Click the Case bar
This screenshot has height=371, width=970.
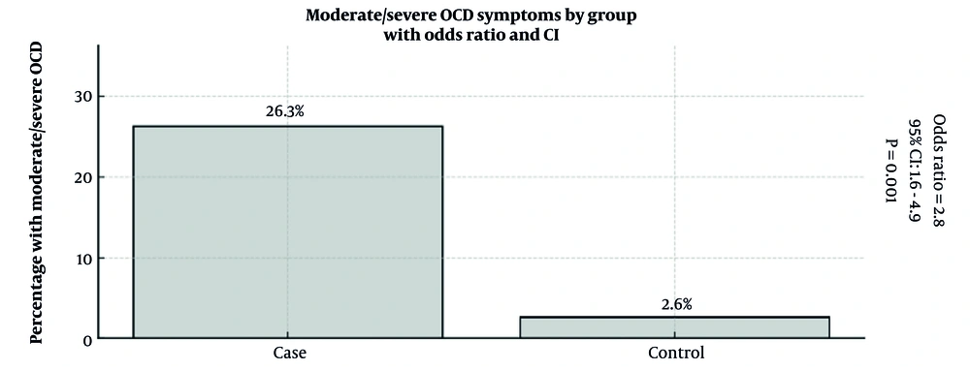(287, 232)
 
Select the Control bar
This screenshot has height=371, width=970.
(674, 327)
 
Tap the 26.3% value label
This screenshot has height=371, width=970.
(286, 111)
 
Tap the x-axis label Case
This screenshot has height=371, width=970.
(287, 355)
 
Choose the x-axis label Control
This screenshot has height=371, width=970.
(674, 355)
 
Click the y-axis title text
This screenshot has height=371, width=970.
(37, 192)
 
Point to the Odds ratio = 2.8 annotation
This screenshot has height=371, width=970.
(938, 170)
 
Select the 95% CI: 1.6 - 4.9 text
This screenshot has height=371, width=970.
(914, 170)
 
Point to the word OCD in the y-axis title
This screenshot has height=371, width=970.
(37, 63)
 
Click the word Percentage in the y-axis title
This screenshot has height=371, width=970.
(37, 299)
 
